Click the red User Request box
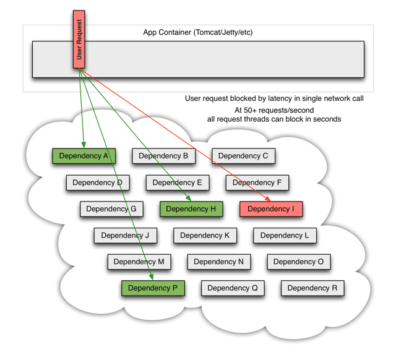79,38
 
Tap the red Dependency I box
271,209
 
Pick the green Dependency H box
191,209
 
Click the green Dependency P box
153,288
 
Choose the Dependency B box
163,156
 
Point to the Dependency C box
243,156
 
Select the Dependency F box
257,182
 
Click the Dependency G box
111,209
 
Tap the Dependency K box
205,236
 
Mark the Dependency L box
285,236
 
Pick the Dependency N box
218,262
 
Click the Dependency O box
298,262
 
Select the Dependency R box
312,288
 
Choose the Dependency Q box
233,288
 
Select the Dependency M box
139,262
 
